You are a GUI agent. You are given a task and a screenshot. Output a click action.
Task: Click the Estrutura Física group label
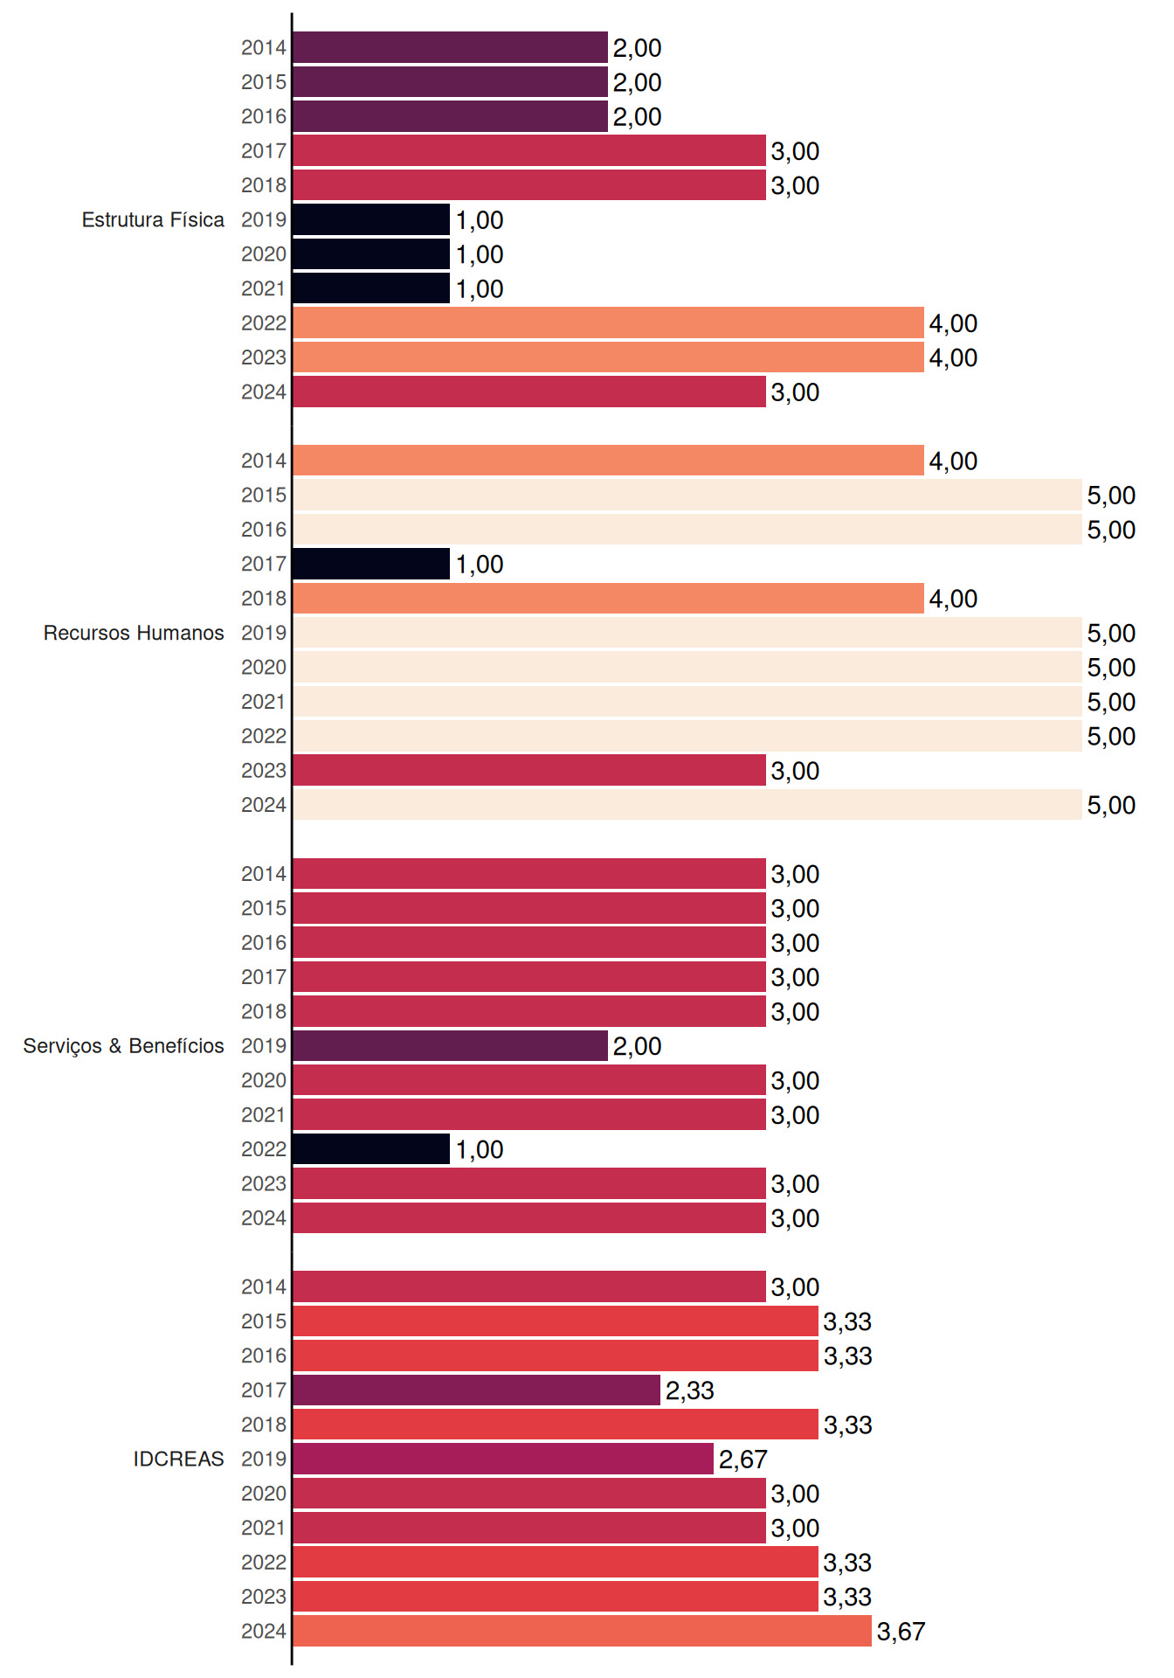(153, 219)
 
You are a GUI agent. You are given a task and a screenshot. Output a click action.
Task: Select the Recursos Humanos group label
(134, 633)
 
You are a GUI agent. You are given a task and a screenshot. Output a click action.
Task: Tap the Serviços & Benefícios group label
(123, 1046)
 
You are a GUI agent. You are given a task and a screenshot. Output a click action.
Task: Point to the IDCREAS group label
(178, 1459)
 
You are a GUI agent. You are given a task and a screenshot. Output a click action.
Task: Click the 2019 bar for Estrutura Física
(371, 219)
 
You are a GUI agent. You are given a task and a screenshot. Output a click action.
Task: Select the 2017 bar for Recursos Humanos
(371, 564)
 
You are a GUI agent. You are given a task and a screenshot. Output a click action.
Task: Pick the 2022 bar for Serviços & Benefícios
(371, 1149)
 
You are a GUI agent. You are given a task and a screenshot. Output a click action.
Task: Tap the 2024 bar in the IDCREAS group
(582, 1631)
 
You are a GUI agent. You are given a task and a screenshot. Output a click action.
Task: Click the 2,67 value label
(742, 1460)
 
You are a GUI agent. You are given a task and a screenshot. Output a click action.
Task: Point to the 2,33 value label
(690, 1390)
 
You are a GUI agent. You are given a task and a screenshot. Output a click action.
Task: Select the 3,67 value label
(901, 1632)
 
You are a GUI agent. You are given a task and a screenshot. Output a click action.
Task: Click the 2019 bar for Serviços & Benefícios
(450, 1046)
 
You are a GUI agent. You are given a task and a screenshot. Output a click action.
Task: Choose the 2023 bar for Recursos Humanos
(529, 770)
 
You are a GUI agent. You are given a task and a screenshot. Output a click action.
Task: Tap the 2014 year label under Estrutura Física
(264, 47)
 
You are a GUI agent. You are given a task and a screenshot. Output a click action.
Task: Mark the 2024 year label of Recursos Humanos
(264, 805)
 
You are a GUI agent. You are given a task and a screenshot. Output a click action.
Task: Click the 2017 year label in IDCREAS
(264, 1390)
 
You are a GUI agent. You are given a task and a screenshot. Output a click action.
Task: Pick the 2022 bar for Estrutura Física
(608, 322)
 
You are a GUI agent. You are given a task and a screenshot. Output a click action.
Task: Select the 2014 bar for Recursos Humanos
(608, 461)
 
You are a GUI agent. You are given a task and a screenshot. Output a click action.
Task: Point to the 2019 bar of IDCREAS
(503, 1459)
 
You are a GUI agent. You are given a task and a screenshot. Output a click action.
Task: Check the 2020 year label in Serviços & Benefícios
(264, 1080)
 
